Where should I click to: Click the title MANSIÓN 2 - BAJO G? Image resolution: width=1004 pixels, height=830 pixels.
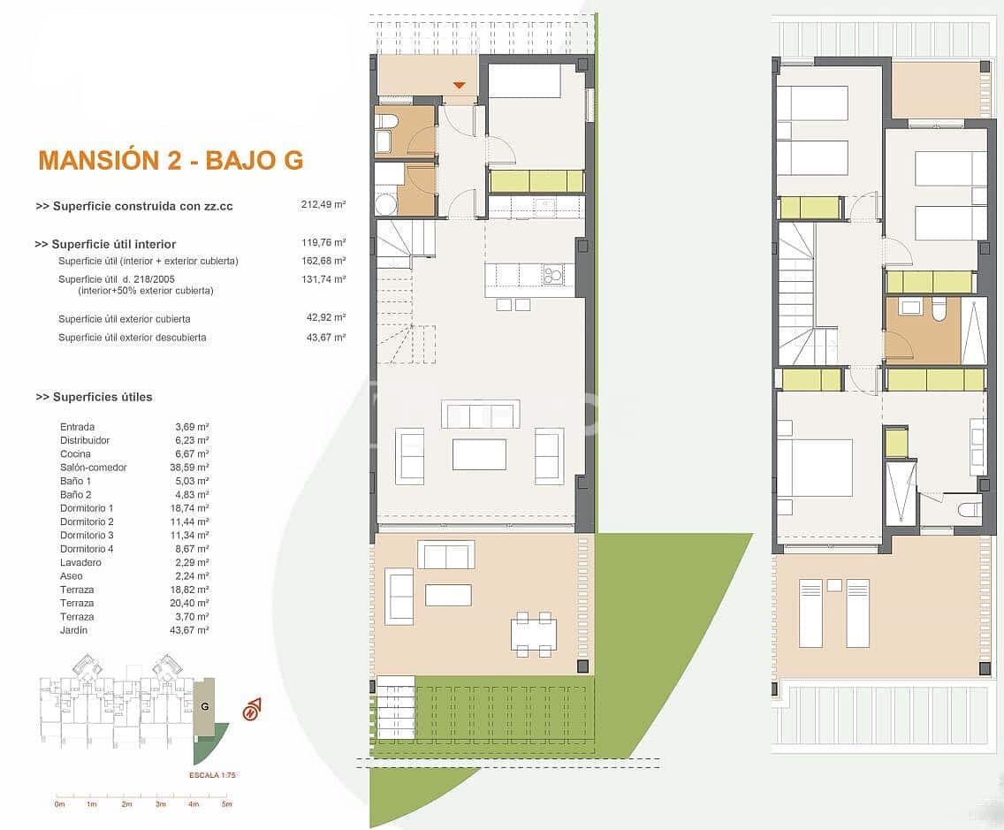click(171, 160)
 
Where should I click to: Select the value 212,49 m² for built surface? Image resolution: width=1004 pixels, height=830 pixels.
click(323, 205)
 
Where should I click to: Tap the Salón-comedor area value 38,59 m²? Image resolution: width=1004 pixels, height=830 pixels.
click(192, 468)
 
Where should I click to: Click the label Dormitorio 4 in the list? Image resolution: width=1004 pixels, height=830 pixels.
click(87, 549)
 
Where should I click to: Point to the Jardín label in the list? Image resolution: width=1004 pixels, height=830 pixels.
click(74, 630)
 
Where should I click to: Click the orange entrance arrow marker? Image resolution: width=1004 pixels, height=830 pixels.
click(459, 85)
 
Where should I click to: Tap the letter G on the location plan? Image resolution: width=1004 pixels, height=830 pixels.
click(204, 706)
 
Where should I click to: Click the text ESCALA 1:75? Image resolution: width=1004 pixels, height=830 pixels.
click(212, 775)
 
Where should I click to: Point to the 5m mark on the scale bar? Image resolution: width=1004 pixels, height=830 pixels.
click(227, 804)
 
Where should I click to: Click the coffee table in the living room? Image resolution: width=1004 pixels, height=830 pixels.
click(479, 454)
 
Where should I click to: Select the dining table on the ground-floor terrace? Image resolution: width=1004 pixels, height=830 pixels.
click(534, 633)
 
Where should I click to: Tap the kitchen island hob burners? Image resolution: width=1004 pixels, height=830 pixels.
click(553, 276)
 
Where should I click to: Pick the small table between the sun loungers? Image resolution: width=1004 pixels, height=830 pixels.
click(834, 585)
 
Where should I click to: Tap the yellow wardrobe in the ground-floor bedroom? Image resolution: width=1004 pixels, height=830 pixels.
click(536, 181)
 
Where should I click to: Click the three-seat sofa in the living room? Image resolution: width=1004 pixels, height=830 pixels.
click(481, 415)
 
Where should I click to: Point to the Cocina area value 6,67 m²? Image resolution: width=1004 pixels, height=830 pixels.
click(192, 454)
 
